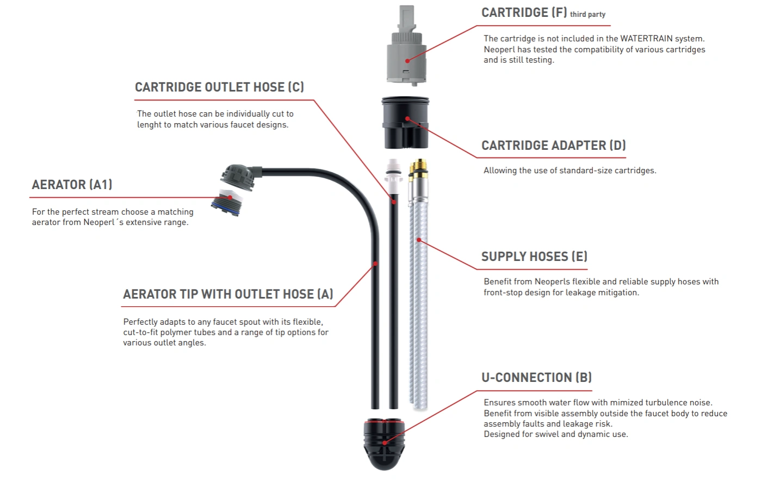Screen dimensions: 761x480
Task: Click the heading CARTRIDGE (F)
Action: coord(524,13)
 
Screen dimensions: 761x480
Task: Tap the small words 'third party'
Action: coord(587,15)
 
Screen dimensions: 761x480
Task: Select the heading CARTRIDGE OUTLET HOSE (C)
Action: coord(219,87)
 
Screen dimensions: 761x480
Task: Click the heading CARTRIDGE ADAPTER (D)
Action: coord(553,145)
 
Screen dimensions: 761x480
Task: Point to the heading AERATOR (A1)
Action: coord(72,185)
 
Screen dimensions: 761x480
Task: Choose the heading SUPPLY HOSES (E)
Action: coord(534,257)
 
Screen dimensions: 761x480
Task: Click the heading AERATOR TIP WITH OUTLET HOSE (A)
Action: coord(228,294)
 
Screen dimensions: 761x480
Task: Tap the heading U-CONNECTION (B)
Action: coord(536,378)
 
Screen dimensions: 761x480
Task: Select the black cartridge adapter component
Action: coord(405,123)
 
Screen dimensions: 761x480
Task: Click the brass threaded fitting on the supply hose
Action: coord(418,172)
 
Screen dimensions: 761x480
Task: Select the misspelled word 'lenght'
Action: coord(149,125)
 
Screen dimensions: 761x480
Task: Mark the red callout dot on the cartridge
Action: coord(407,60)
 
